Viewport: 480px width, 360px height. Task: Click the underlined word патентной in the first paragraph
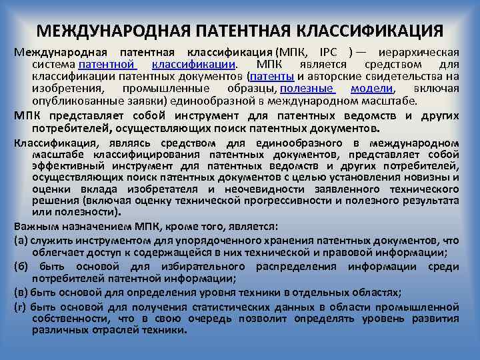(107, 65)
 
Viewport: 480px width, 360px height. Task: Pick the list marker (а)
(20, 239)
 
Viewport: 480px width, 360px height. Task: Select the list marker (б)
(20, 266)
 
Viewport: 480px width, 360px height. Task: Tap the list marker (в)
(20, 293)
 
